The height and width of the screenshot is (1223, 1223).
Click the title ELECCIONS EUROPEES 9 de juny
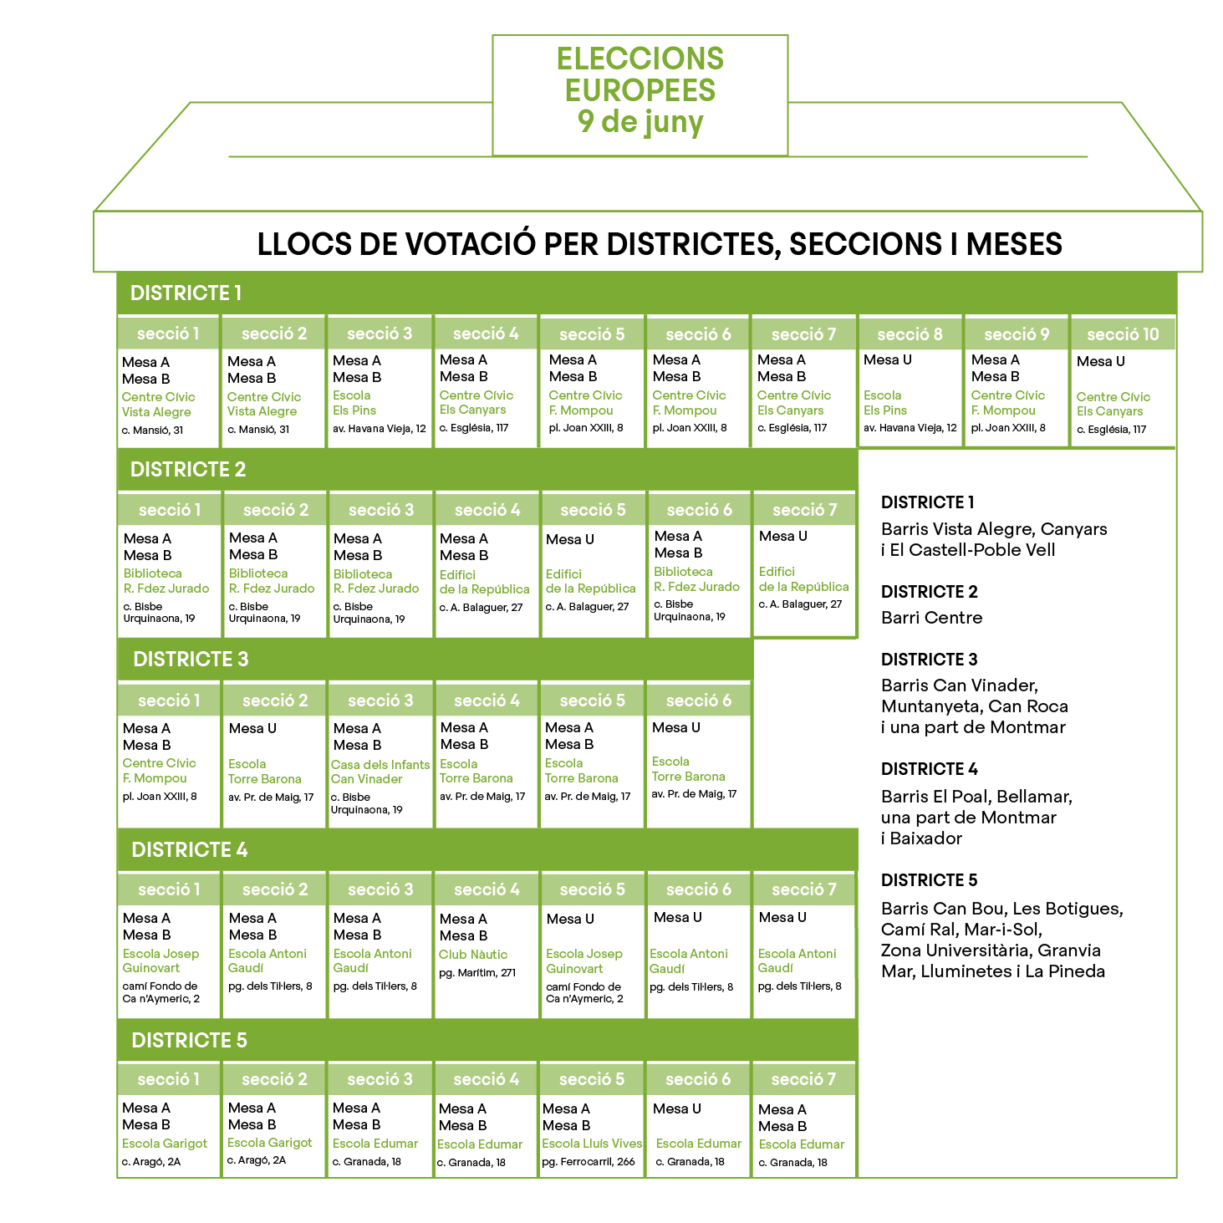[640, 90]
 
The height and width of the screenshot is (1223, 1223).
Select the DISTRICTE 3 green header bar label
[191, 659]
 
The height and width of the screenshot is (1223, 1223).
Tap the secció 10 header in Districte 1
[1123, 334]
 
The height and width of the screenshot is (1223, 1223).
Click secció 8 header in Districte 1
[910, 334]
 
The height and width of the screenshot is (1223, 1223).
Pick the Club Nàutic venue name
[473, 954]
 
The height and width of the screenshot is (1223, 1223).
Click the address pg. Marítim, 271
[477, 972]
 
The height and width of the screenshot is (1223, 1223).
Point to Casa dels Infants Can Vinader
[380, 772]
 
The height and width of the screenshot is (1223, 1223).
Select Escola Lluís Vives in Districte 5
[592, 1144]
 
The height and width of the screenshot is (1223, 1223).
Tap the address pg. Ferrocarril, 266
[588, 1161]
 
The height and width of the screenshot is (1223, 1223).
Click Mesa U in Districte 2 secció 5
[570, 539]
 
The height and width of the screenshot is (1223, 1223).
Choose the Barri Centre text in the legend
[931, 618]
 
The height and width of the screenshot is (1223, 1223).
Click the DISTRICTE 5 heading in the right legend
[929, 880]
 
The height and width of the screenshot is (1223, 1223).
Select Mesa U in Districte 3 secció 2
[252, 728]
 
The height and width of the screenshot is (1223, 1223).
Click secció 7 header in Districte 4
[803, 889]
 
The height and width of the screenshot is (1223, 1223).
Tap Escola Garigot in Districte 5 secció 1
[165, 1144]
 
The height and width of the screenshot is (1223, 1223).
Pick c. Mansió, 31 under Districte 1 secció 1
[152, 431]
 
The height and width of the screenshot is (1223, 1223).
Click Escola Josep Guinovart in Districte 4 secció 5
[583, 961]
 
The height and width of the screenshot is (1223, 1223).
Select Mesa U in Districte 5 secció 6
[677, 1108]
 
